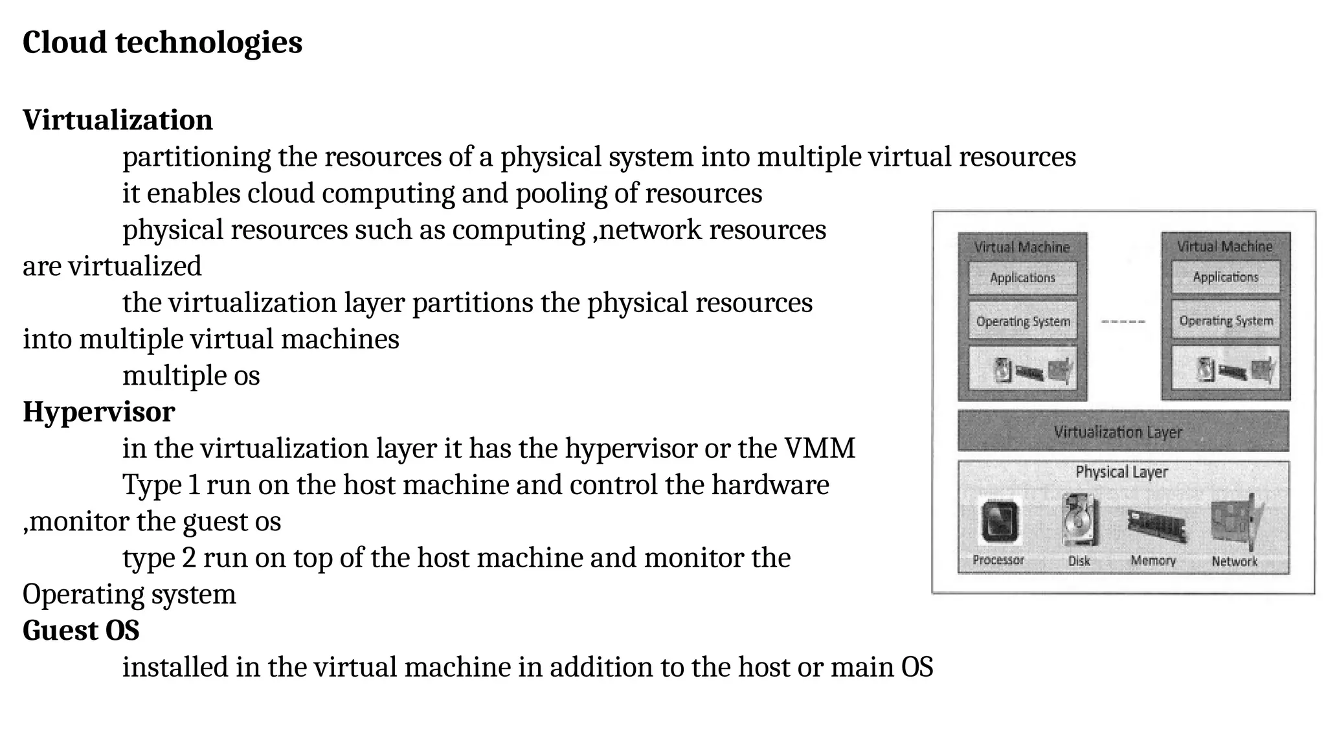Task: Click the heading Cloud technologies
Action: tap(162, 43)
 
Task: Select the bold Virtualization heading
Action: tap(117, 120)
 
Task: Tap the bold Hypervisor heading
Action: tap(98, 412)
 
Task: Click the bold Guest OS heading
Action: tap(81, 631)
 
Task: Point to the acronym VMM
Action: tap(820, 448)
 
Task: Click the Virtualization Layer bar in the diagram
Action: tap(1123, 431)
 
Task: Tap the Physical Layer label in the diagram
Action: tap(1121, 472)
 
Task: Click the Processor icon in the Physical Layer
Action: tap(999, 522)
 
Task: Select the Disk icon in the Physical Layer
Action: tap(1079, 520)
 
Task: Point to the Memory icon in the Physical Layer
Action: tap(1155, 525)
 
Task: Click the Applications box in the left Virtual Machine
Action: tap(1022, 278)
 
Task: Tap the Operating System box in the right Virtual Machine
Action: tap(1226, 321)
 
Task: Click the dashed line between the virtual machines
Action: tap(1123, 321)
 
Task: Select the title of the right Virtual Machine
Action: tap(1224, 247)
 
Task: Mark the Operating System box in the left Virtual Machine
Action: tap(1022, 321)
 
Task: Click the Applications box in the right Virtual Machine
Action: tap(1226, 277)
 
